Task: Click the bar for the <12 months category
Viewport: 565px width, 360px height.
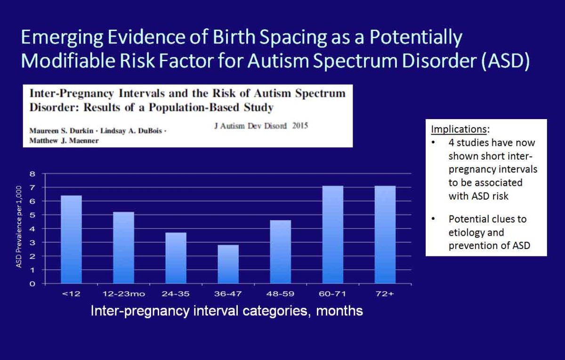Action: [x=71, y=240]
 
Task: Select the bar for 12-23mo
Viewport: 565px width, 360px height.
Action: [x=123, y=248]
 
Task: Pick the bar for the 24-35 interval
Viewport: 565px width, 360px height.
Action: [x=176, y=258]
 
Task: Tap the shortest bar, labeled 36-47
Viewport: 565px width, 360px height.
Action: [x=228, y=264]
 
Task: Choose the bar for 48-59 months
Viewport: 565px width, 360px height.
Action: [x=281, y=252]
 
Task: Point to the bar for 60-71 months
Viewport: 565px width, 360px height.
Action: [x=333, y=235]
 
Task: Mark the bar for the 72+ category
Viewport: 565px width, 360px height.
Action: [x=385, y=235]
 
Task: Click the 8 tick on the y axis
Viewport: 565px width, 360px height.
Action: [x=32, y=174]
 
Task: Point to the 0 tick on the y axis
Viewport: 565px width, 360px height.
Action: [x=32, y=284]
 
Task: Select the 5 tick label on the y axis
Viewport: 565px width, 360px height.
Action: [x=32, y=215]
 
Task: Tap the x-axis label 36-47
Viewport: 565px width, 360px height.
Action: [x=228, y=294]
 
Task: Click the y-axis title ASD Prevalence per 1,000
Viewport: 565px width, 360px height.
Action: [x=19, y=227]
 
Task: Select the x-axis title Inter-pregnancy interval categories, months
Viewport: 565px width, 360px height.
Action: [x=227, y=311]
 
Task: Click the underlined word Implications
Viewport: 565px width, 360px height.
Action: [x=459, y=129]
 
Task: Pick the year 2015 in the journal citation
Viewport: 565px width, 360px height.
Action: [x=300, y=126]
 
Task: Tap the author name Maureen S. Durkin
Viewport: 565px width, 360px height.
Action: [x=61, y=131]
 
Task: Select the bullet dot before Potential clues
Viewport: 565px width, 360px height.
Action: [x=433, y=218]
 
